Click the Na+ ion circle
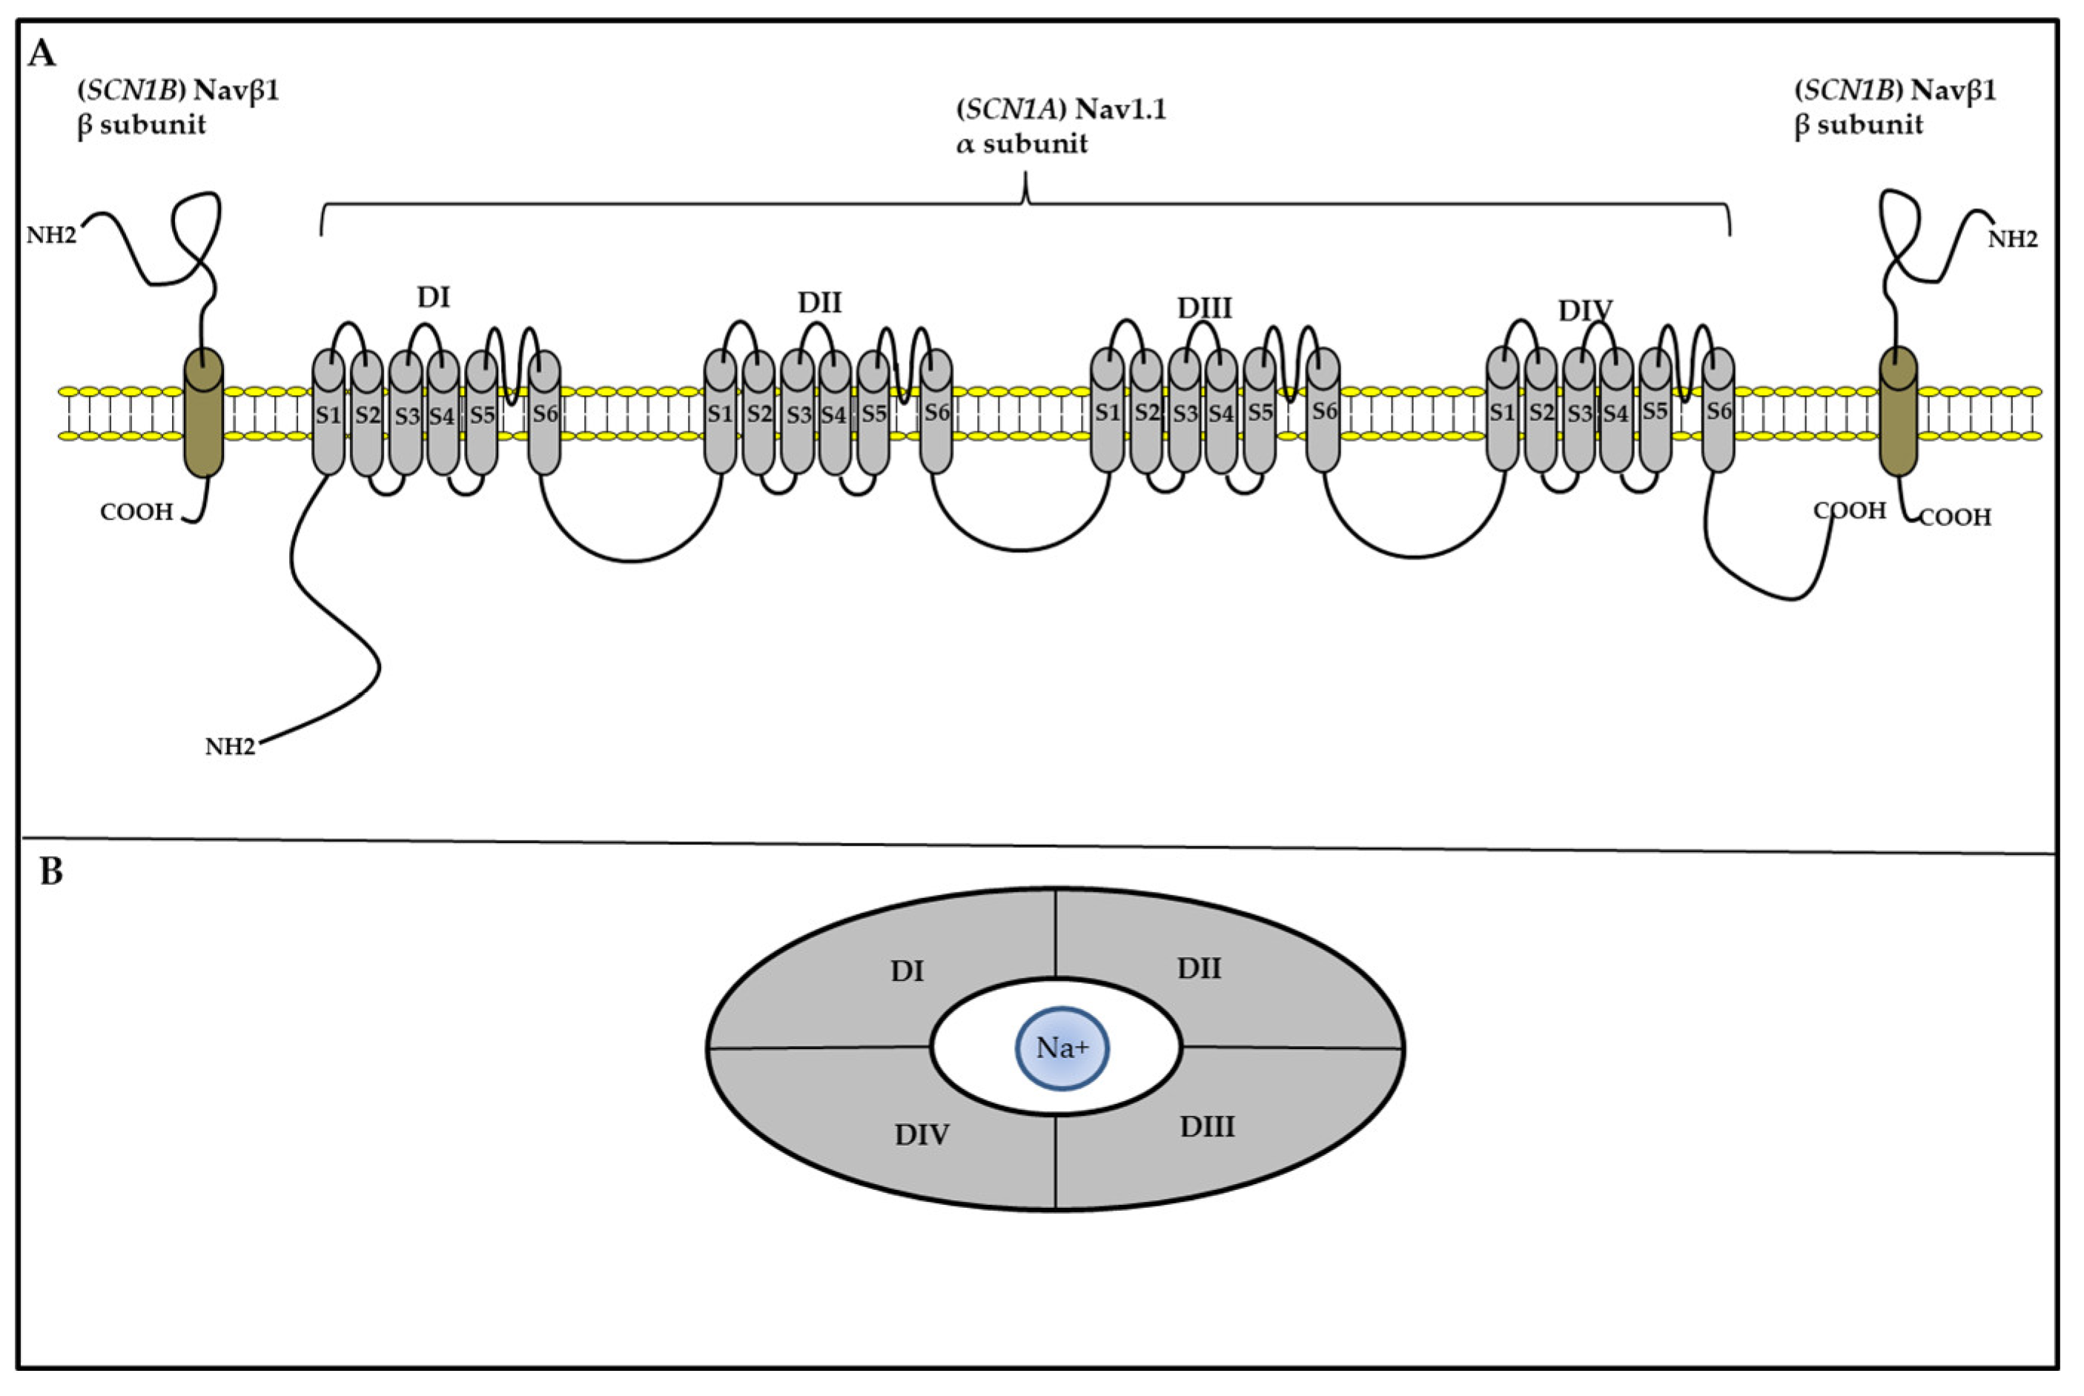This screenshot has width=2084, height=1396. pos(1062,1048)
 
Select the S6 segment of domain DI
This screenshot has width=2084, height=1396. pos(544,412)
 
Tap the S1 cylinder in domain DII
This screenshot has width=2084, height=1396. pos(720,412)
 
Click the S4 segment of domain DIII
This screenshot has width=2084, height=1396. pos(1221,412)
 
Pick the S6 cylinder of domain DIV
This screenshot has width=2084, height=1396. pos(1718,411)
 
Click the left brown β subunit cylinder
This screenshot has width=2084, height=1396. pos(203,412)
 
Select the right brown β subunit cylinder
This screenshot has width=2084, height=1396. pos(1898,412)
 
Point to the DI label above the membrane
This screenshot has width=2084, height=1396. pos(434,297)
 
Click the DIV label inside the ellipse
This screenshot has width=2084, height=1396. pos(922,1134)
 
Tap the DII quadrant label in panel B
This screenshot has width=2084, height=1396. pos(1199,968)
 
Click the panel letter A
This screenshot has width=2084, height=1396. pos(42,55)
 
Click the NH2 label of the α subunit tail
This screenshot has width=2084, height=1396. pos(230,747)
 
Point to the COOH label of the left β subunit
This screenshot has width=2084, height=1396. pos(136,512)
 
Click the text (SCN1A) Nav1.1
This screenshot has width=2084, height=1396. pos(1061,110)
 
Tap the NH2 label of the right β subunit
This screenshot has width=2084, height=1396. pos(2013,239)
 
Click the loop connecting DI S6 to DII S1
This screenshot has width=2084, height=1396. pos(631,559)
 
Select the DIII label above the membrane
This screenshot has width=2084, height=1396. pos(1204,308)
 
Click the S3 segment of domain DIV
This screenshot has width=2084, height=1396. pos(1579,412)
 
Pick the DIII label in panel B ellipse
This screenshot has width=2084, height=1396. pos(1208,1127)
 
